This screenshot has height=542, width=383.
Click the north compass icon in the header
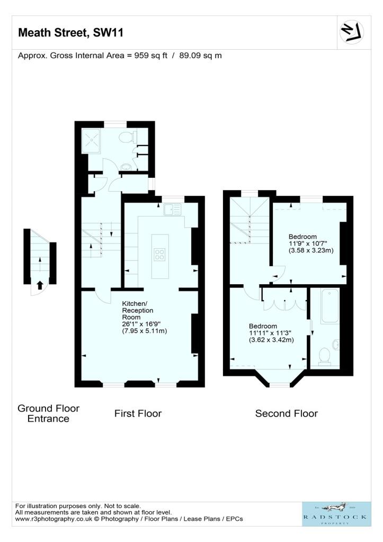352,32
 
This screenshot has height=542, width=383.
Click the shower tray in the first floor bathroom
91,141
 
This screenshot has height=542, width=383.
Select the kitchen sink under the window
172,210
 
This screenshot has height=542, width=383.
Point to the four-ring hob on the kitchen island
159,255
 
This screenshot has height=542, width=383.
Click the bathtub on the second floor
329,306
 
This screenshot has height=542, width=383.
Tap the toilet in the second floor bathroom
325,356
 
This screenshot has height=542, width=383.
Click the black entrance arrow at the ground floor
40,285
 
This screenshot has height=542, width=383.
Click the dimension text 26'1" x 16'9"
141,324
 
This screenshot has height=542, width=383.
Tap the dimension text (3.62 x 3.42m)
272,340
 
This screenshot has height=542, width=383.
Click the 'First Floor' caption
138,413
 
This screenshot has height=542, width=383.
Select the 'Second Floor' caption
287,413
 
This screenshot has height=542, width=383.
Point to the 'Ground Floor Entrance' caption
48,413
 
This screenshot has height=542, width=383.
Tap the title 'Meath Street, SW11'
70,32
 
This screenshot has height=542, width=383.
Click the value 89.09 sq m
200,56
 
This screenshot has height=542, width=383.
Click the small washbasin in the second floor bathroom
336,345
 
